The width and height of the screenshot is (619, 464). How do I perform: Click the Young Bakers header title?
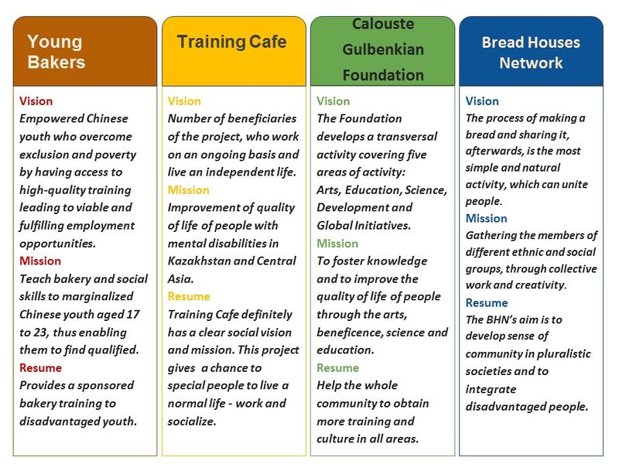click(x=56, y=52)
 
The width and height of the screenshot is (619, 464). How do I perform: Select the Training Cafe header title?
click(x=231, y=42)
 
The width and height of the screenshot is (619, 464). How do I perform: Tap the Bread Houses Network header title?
click(x=531, y=53)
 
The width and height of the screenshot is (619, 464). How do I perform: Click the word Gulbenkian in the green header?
click(x=383, y=49)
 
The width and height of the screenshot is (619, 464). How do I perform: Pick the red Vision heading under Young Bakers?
click(x=36, y=101)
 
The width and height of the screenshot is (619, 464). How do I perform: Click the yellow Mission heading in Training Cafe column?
click(x=188, y=190)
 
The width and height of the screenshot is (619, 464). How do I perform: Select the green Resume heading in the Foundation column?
click(x=337, y=368)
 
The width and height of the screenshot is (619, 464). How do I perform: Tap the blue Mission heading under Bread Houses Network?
click(x=487, y=219)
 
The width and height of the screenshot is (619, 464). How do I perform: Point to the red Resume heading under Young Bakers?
click(x=40, y=368)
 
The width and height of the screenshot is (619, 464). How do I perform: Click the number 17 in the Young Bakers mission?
click(x=133, y=315)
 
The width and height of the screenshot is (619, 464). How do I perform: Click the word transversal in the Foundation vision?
click(x=407, y=137)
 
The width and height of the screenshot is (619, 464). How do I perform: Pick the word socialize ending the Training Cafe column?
click(x=192, y=421)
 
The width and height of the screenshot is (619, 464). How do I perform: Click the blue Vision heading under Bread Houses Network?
click(x=482, y=101)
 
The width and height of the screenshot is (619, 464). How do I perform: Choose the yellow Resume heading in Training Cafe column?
click(x=189, y=297)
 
